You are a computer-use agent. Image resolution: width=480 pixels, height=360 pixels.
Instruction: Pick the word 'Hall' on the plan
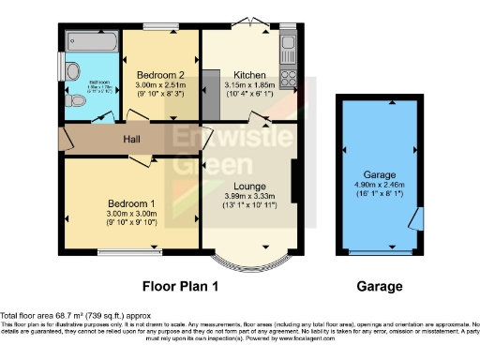tap(131, 140)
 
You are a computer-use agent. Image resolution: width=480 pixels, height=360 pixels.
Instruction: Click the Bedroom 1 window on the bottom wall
tap(125, 251)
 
